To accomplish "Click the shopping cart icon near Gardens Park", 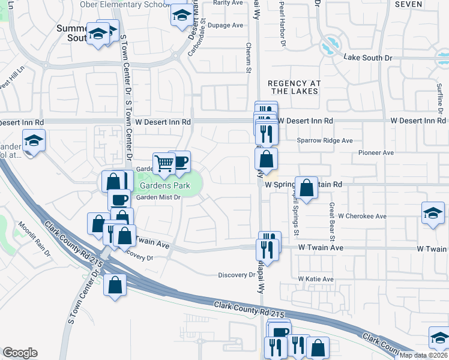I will pos(164,163).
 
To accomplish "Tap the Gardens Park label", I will pos(165,186).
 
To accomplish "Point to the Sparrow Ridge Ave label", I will pos(325,140).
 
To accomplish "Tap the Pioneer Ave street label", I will pos(376,153).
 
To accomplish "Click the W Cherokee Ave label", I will pos(360,215).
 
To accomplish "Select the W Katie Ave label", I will pos(316,280).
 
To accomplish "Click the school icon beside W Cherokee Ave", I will pos(433,214).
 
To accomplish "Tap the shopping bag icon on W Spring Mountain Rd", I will pos(306,188).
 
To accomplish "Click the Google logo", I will pos(20,353).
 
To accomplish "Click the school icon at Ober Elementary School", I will pos(180,16).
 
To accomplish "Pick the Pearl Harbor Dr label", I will pos(281,25).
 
